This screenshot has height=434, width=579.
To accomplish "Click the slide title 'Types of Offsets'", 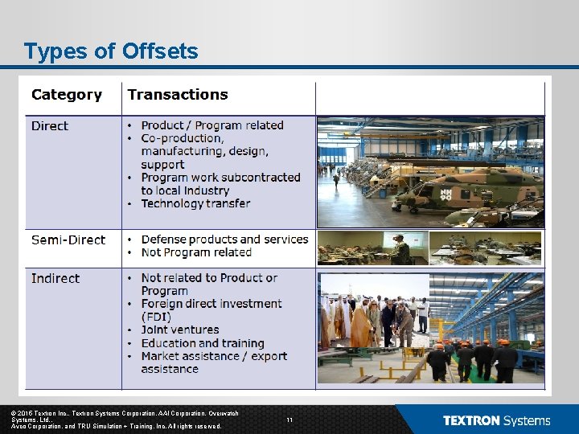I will (x=111, y=51).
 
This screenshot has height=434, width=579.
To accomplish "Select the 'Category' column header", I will (x=67, y=95).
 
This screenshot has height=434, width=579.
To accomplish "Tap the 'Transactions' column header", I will (x=178, y=95).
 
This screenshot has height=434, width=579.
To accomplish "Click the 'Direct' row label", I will (x=50, y=126).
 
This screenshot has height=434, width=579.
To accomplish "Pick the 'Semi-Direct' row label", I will (x=68, y=240).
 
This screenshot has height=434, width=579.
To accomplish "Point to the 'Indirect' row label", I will (x=55, y=278).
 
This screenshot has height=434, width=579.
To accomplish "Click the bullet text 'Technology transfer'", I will (x=195, y=203).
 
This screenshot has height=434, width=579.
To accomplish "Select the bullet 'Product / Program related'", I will (x=211, y=125).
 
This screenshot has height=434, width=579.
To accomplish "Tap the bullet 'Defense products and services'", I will (x=224, y=240).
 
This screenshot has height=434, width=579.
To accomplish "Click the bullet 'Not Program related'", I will (x=196, y=252).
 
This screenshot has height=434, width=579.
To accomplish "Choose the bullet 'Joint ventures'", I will (x=179, y=330).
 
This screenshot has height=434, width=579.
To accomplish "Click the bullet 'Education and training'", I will (x=202, y=343).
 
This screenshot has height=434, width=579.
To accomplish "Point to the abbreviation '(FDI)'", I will (x=156, y=317).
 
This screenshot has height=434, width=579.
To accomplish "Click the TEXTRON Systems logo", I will (x=496, y=420).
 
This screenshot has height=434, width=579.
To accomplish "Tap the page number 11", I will (x=289, y=420).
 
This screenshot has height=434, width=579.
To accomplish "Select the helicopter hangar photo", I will (x=430, y=172).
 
